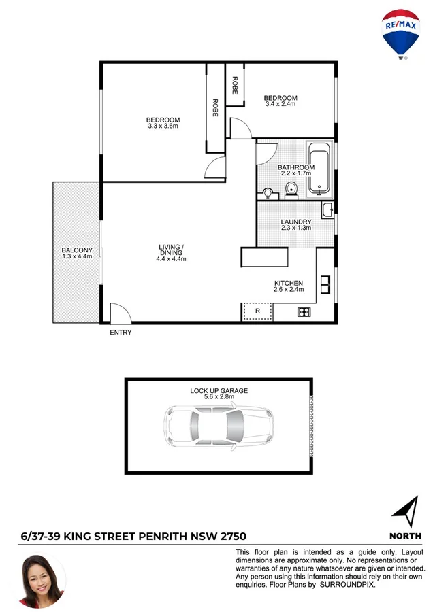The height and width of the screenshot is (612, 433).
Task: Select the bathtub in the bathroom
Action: [319, 169]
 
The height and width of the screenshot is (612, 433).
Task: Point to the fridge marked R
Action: [257, 311]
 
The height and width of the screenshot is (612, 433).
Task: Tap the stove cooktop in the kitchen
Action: [304, 313]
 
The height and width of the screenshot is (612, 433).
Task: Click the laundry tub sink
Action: [327, 210]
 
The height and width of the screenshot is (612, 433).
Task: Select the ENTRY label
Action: [121, 333]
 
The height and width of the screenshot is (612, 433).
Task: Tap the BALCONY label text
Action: [76, 250]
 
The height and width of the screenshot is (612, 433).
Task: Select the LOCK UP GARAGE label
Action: [219, 391]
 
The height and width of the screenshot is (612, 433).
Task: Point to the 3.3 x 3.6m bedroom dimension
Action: [163, 126]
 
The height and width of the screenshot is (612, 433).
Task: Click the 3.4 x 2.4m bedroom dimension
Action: [280, 104]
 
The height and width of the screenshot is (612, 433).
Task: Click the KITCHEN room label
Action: [289, 283]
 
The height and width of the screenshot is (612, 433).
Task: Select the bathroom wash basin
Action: [268, 193]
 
